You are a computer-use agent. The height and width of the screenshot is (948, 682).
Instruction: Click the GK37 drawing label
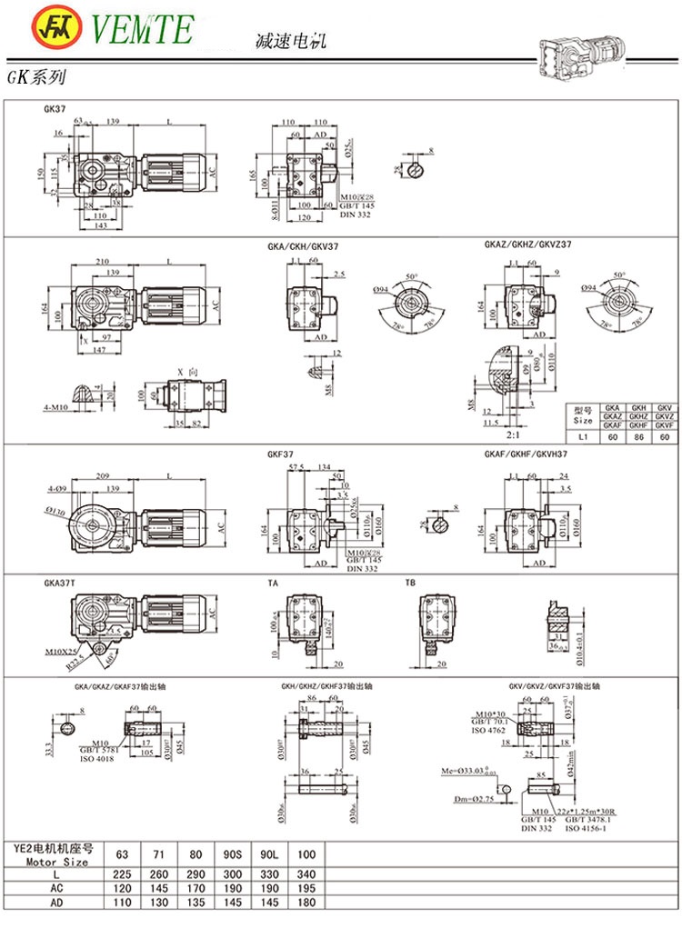pyautogui.click(x=55, y=108)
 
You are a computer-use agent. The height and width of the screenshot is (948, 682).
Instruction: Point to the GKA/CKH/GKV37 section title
pyautogui.click(x=307, y=245)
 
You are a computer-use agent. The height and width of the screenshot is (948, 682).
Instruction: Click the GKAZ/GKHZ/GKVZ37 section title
pyautogui.click(x=527, y=245)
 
